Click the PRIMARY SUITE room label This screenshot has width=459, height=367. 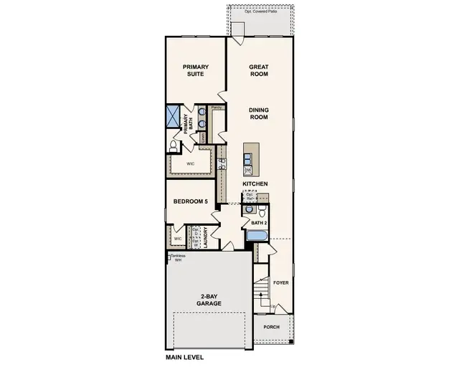point(194,71)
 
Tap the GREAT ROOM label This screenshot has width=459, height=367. point(258,71)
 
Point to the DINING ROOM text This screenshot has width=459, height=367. point(258,113)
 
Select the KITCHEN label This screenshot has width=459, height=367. point(255,184)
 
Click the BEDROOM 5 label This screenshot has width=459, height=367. point(190,202)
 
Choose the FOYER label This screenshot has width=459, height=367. point(280,282)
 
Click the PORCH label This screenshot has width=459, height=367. point(271,327)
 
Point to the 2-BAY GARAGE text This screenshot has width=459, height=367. point(208,300)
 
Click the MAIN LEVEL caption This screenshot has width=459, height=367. point(185,357)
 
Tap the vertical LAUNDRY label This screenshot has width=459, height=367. point(205,238)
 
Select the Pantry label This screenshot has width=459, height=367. point(215,108)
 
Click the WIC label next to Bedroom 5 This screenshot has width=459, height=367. point(177,239)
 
